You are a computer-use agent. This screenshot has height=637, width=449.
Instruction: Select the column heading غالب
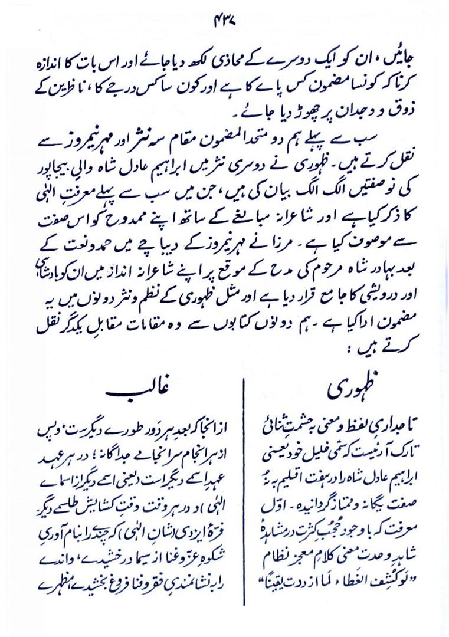(137, 392)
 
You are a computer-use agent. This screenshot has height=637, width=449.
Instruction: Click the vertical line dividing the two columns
(244, 501)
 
